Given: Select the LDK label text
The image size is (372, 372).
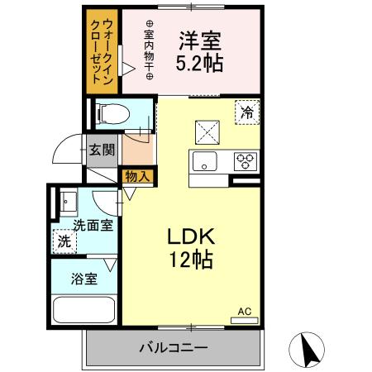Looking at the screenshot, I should [192, 235].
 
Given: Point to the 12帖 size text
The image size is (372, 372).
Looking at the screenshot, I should [192, 260].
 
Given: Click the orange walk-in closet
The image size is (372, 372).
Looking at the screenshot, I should [103, 51].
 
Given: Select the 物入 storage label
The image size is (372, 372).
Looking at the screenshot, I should [137, 175].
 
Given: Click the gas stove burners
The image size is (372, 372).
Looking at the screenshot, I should [246, 160].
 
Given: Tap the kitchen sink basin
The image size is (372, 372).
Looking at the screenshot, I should [203, 160].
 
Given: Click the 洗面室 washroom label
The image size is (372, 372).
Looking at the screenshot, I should [93, 224].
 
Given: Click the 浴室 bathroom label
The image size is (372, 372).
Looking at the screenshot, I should [84, 279].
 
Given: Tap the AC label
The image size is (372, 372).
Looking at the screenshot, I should [245, 311].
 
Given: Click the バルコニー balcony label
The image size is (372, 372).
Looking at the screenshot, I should [173, 347].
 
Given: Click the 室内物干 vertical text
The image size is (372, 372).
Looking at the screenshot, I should [150, 50].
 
